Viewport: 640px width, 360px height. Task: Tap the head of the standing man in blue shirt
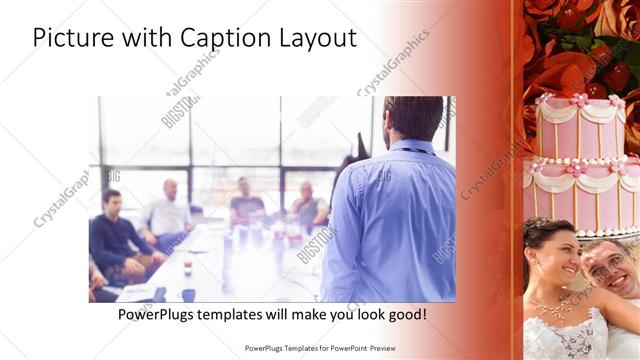[413, 118]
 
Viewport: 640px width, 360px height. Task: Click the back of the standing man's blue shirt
[390, 220]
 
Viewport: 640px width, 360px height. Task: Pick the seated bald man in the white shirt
[169, 213]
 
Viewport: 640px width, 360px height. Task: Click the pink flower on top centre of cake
[581, 100]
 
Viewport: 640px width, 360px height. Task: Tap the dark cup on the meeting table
[189, 294]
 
